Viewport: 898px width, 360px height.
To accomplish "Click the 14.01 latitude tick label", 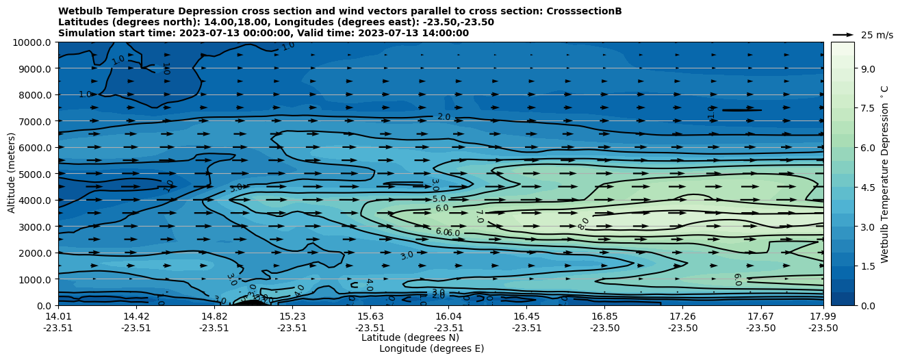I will (58, 316).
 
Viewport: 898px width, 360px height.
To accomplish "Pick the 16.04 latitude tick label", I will (448, 316).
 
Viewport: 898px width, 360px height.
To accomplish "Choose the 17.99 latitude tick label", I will (823, 316).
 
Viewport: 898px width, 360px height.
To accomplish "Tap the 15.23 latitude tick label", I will (292, 316).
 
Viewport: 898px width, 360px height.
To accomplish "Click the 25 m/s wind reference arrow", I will (843, 34).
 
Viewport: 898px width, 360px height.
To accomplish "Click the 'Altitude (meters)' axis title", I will (12, 172).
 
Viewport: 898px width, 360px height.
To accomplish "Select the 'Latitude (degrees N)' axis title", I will (410, 337).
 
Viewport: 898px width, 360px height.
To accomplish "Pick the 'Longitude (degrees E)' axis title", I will (431, 348).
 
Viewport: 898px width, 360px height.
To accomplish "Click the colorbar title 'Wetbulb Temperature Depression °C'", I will (884, 174).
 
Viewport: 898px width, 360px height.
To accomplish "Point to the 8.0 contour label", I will (583, 224).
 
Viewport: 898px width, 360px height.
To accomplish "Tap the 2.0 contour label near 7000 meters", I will (444, 117).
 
